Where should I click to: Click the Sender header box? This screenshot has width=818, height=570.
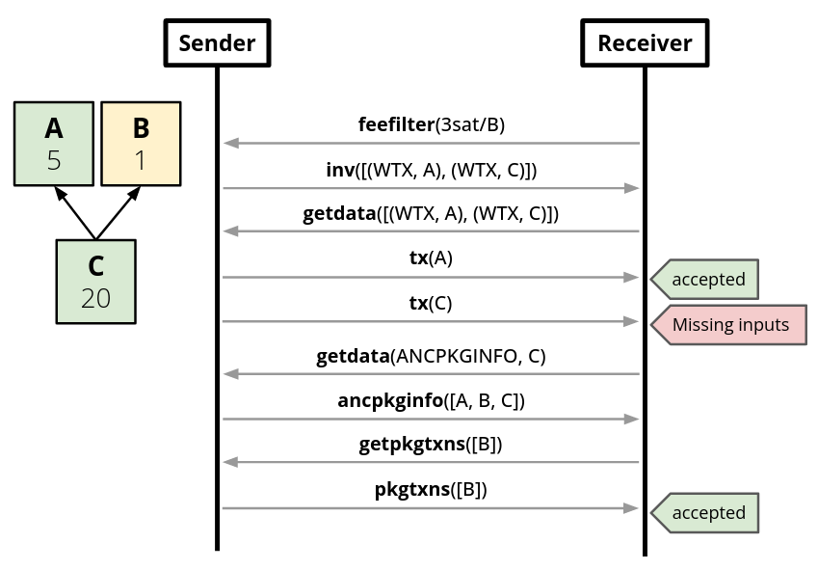point(218,42)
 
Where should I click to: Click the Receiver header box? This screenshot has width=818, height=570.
point(645,42)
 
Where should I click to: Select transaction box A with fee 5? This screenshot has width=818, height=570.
point(54,144)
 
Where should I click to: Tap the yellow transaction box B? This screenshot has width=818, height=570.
point(141,144)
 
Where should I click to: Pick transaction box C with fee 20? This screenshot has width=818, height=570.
point(95,281)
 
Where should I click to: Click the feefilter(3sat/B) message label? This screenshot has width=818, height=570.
point(432,124)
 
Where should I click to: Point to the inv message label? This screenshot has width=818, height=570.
point(432,170)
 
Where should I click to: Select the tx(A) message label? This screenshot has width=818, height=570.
point(431,258)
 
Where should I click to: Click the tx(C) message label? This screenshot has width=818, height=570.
point(431,303)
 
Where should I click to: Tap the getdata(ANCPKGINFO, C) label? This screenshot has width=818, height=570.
point(431,356)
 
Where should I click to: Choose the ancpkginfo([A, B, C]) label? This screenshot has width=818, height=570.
point(431,400)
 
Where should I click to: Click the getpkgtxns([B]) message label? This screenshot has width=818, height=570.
point(431,445)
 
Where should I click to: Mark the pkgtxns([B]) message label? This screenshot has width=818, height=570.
point(431,489)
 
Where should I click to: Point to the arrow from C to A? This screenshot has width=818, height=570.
point(75,212)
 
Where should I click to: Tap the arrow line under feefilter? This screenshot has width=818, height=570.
point(432,144)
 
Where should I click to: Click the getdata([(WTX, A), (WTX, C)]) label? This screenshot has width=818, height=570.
point(431,213)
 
